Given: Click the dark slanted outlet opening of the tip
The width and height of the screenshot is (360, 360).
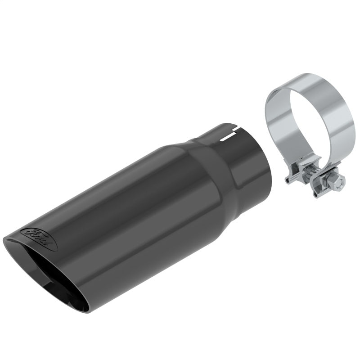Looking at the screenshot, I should coord(54,270).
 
